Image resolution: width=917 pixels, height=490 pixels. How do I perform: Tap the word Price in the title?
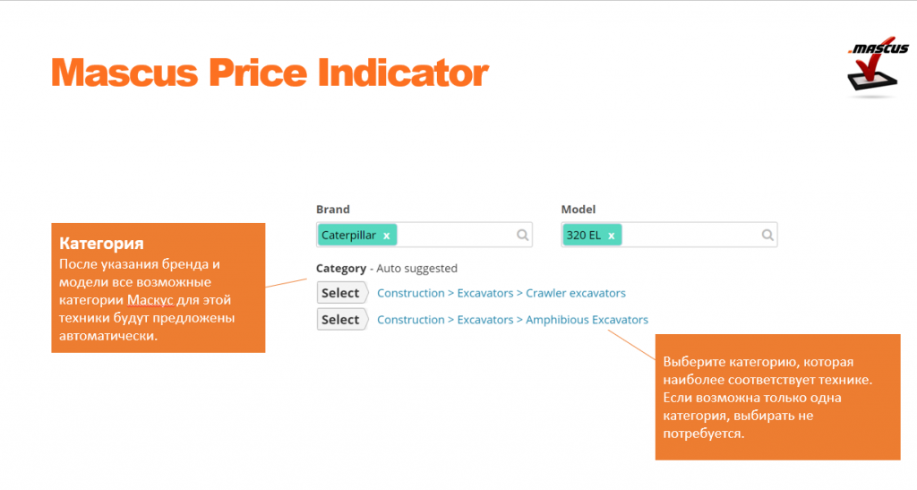[x=257, y=73]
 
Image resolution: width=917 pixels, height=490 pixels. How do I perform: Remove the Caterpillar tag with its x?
[x=387, y=236]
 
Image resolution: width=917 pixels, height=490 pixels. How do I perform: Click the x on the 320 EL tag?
[x=611, y=236]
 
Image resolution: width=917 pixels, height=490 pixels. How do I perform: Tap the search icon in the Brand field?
[x=522, y=235]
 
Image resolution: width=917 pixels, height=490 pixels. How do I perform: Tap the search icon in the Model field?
[x=767, y=235]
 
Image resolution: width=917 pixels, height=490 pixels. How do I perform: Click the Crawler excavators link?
[x=576, y=293]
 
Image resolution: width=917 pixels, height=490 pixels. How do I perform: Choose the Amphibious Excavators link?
[x=587, y=320]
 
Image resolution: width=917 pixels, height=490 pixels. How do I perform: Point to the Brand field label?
[x=333, y=210]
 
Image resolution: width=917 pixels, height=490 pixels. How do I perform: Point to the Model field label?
[x=578, y=210]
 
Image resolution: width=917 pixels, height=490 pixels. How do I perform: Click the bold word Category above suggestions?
[x=341, y=269]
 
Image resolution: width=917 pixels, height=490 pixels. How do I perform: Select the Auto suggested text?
[x=417, y=269]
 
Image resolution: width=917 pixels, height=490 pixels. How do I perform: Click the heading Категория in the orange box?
[x=101, y=244]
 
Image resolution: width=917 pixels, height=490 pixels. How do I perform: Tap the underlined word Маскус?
[x=150, y=300]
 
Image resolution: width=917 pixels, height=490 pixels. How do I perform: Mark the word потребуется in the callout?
[x=704, y=434]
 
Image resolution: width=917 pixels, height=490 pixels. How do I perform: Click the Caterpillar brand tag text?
[x=348, y=235]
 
